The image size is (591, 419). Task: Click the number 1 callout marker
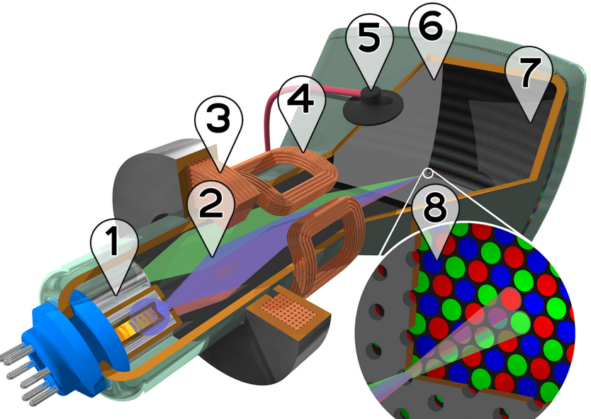[x=114, y=252]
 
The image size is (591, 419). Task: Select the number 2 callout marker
[x=211, y=215]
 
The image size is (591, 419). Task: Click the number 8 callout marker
[x=436, y=219]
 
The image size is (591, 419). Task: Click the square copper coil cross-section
[x=291, y=311]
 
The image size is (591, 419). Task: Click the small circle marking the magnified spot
[x=427, y=173]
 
